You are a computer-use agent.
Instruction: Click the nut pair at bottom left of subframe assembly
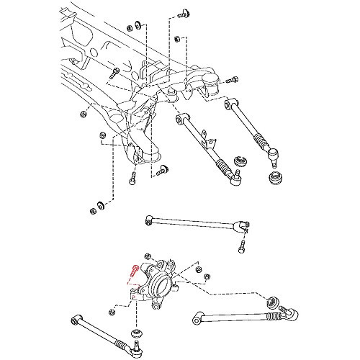click(x=94, y=210)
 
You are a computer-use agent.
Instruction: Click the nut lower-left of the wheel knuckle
click(x=110, y=311)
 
